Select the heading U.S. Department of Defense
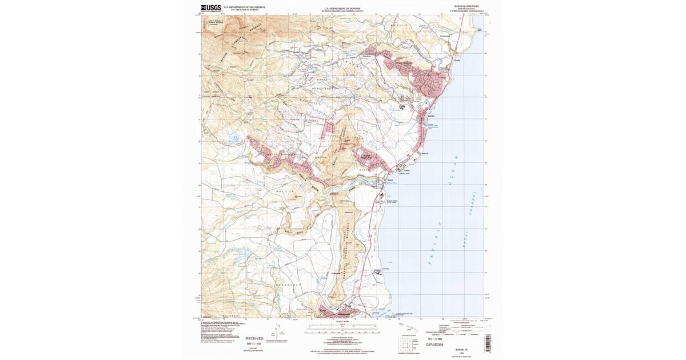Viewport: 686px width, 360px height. (x=342, y=8)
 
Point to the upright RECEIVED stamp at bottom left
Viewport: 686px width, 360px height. (x=254, y=338)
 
